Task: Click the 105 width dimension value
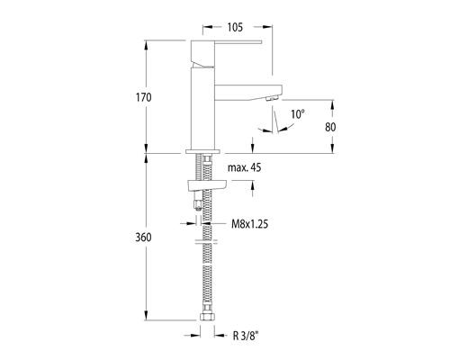[x=235, y=27]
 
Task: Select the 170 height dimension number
[x=144, y=97]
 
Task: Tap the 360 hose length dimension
[x=143, y=238]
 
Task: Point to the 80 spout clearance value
[x=330, y=127]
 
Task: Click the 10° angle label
[x=298, y=114]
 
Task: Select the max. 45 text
[x=245, y=167]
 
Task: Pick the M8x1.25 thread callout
[x=250, y=224]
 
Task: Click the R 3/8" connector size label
[x=246, y=336]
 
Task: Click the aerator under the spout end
[x=273, y=98]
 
